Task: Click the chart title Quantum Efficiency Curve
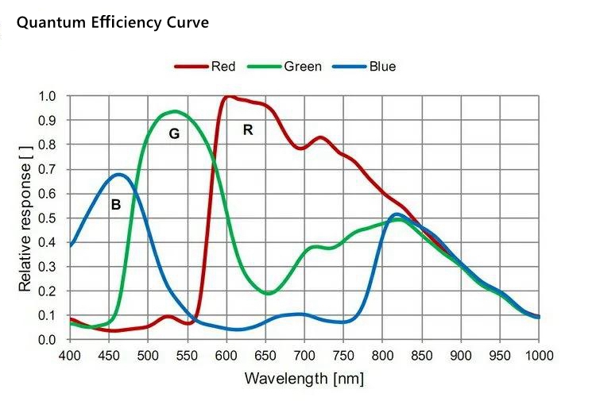click(x=113, y=22)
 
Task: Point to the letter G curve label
click(x=174, y=134)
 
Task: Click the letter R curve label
click(x=248, y=130)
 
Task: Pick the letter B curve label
click(x=115, y=205)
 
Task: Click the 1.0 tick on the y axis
click(x=47, y=96)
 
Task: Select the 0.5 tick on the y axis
click(x=47, y=218)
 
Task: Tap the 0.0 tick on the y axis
click(x=47, y=340)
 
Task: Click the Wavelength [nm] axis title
click(x=304, y=378)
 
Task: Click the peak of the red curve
click(x=228, y=96)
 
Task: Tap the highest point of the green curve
click(x=174, y=111)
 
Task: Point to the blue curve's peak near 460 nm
click(x=119, y=174)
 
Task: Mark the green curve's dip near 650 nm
click(x=269, y=294)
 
